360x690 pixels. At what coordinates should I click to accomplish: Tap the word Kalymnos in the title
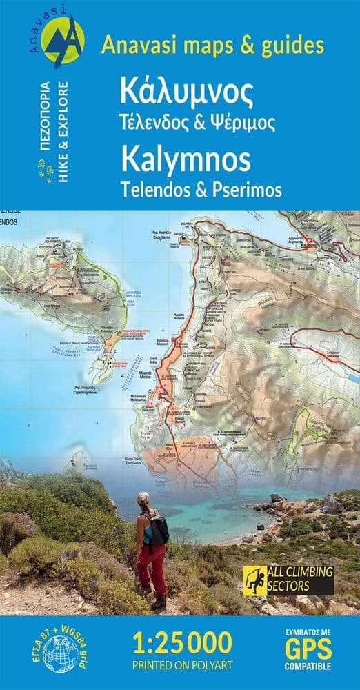point(186,160)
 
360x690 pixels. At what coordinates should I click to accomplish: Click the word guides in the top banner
point(292,46)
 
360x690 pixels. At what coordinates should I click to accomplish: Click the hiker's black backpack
point(158,529)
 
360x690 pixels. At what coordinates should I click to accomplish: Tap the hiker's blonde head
point(143,499)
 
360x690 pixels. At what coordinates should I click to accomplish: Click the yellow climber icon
point(252,580)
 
